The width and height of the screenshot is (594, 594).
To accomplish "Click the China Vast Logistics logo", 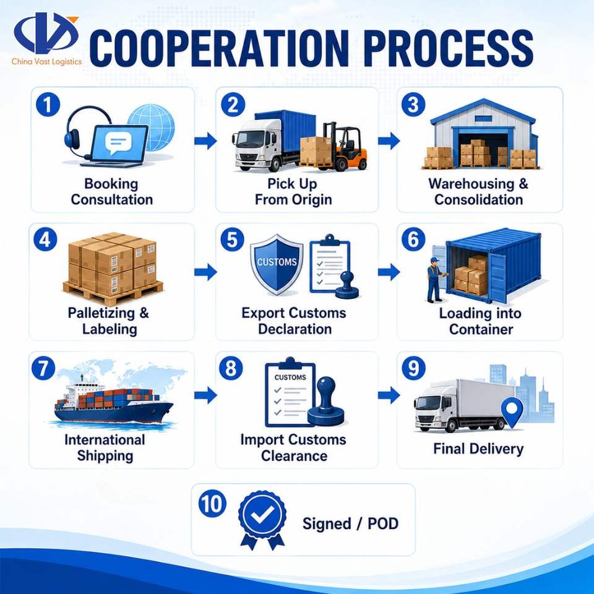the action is coord(46,38).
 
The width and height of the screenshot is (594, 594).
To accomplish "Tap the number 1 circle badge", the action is coord(48,105).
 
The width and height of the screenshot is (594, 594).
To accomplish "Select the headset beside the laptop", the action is coord(84,131).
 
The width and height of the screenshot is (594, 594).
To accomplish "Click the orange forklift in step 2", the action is coord(344,146).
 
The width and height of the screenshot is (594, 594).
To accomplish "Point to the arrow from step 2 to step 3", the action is coord(389,141).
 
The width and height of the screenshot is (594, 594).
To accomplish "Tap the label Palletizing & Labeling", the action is coord(109,321).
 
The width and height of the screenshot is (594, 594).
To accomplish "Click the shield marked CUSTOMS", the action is coord(277,264).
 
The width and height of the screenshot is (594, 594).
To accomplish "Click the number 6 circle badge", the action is coord(413,239).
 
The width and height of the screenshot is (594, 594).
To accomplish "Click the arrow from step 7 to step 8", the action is coord(205,395).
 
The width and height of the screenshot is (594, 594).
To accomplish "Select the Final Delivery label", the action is coord(478,449).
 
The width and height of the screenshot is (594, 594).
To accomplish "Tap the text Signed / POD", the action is coord(350,523).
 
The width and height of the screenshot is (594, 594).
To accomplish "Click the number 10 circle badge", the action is coord(212,504).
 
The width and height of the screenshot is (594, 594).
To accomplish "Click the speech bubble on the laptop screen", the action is coord(118,143).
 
